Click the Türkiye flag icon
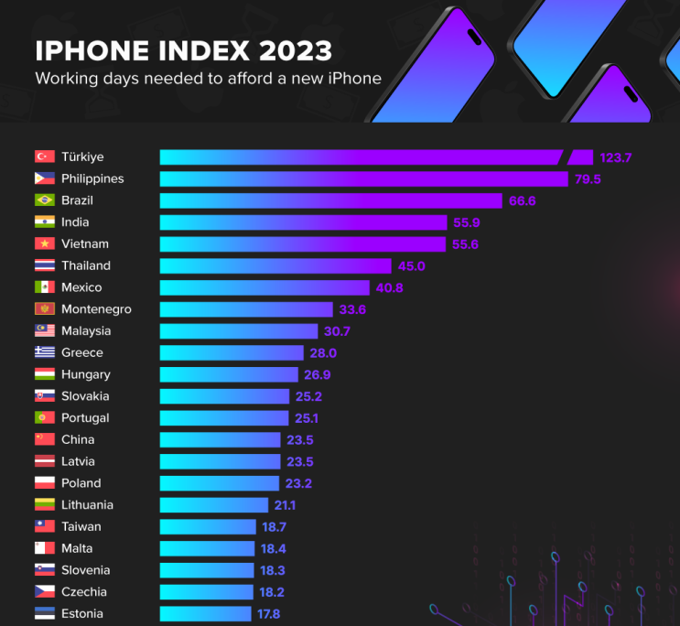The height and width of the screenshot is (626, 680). (x=45, y=156)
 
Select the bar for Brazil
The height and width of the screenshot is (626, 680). (x=331, y=200)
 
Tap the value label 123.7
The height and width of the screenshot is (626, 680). (x=615, y=157)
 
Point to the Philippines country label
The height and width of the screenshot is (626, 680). (x=92, y=178)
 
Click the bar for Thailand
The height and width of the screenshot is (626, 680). (x=275, y=266)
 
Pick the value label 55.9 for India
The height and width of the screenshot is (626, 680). (x=467, y=222)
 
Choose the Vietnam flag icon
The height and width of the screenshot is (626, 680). (x=45, y=243)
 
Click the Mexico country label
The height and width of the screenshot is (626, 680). (x=81, y=287)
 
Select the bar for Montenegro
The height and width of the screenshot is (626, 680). (x=246, y=309)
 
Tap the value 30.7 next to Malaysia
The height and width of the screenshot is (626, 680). (x=337, y=331)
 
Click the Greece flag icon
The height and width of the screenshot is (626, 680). (x=45, y=351)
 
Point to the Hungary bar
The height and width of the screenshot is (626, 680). (x=229, y=374)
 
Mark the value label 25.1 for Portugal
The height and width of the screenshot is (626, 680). (x=307, y=418)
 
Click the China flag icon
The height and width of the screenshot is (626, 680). (x=45, y=439)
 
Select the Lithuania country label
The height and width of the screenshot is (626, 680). (x=87, y=504)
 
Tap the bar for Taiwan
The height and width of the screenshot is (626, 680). (x=208, y=526)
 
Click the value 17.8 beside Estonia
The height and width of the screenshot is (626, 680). (x=268, y=614)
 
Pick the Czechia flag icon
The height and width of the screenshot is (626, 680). (x=45, y=591)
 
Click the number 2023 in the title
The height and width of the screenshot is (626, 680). (x=296, y=50)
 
